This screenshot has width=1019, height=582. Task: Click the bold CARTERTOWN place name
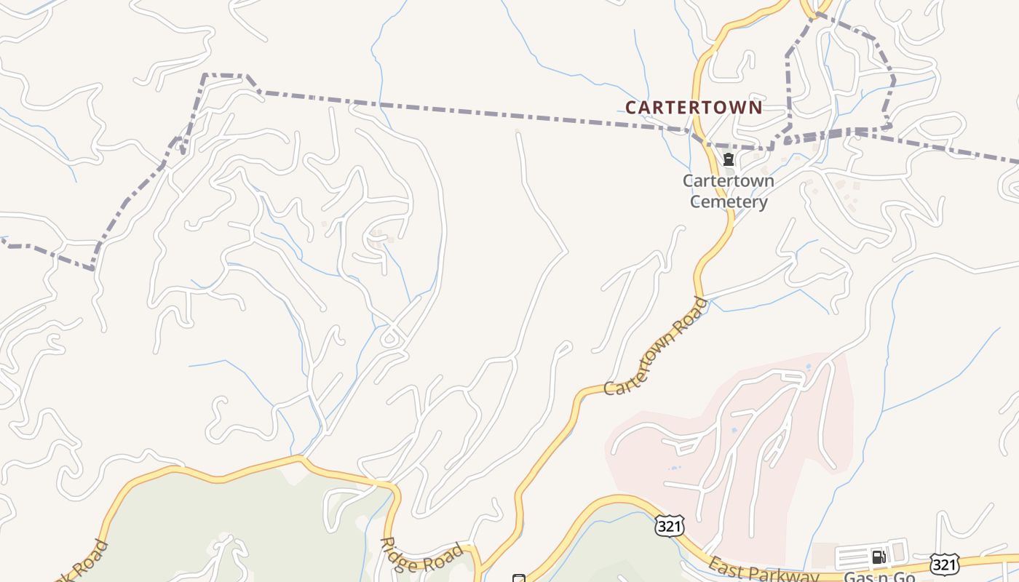(x=694, y=108)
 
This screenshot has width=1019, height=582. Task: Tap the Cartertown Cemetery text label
(x=729, y=191)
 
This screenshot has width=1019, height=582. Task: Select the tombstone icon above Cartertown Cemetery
(x=728, y=159)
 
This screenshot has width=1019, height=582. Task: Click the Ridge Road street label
(x=423, y=557)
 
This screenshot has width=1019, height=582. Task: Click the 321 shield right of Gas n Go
(x=944, y=565)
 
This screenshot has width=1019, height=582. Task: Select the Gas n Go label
(x=879, y=577)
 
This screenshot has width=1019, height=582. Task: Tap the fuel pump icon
(x=879, y=557)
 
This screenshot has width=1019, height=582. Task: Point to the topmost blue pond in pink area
(x=807, y=367)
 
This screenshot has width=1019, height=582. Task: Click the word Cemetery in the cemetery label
(x=729, y=202)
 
